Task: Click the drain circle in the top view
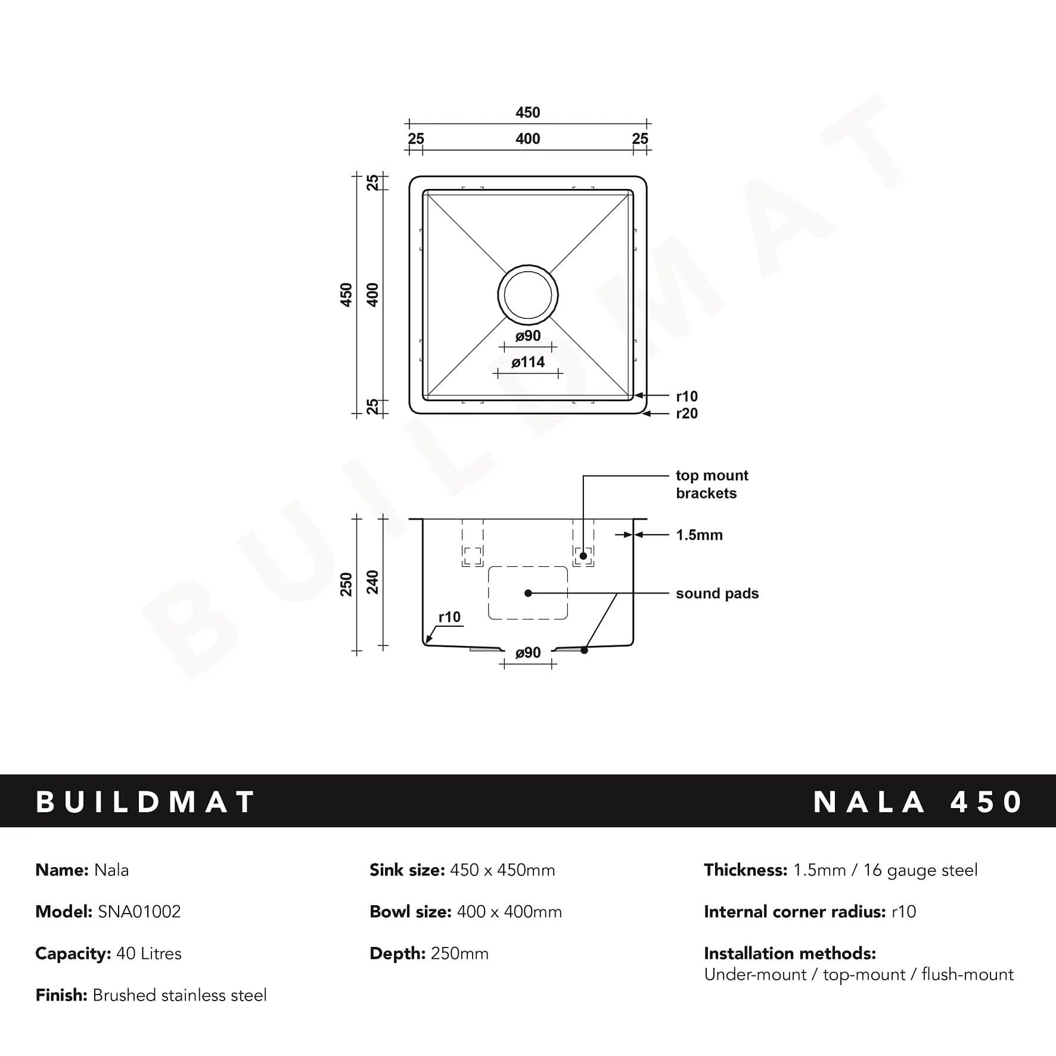click(527, 295)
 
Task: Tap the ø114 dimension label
click(528, 362)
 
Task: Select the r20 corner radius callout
click(687, 414)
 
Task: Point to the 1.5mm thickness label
click(699, 535)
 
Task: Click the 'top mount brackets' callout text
click(712, 484)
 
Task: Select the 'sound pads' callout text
click(717, 594)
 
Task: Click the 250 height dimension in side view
click(346, 584)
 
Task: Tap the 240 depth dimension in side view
click(372, 582)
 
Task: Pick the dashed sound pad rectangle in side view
click(528, 593)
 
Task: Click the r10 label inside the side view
click(449, 617)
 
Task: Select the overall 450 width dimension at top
click(527, 113)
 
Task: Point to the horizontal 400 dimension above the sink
click(527, 139)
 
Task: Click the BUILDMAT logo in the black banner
click(146, 802)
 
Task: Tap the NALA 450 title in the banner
click(918, 802)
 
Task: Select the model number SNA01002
click(139, 912)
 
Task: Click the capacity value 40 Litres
click(149, 953)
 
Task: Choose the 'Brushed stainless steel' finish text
click(179, 995)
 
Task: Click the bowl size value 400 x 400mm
click(509, 912)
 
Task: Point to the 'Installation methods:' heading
click(790, 953)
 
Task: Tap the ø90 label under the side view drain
click(528, 653)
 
